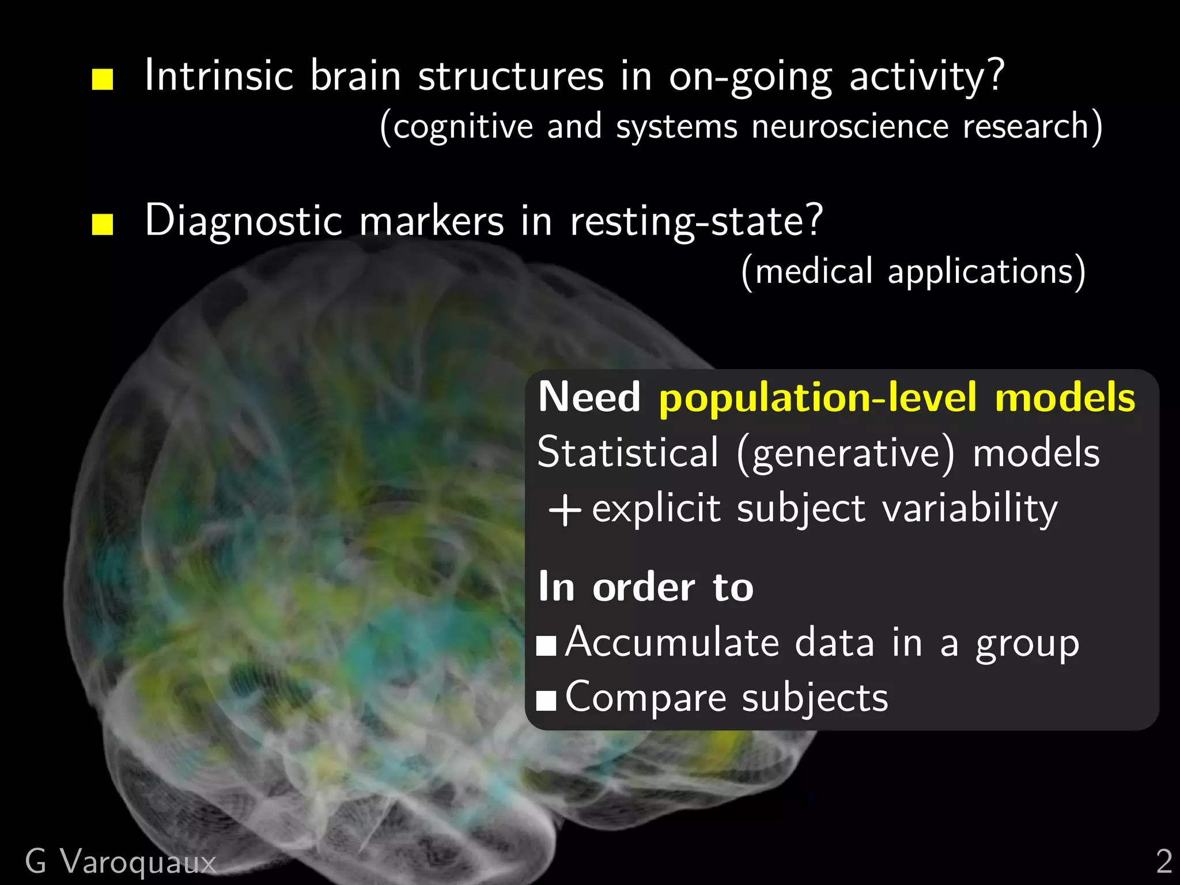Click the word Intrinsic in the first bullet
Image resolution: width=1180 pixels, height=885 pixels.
[x=219, y=76]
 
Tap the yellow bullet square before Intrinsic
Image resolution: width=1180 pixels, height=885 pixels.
[x=103, y=80]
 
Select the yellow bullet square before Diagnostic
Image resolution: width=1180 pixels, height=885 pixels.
[x=103, y=224]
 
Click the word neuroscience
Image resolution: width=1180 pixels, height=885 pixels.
[x=850, y=127]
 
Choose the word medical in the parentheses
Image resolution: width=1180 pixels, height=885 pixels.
[x=814, y=271]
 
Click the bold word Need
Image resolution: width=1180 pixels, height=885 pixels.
[x=589, y=398]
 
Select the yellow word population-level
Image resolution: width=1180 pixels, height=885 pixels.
[x=818, y=398]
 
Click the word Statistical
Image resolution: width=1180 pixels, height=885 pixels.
[x=628, y=453]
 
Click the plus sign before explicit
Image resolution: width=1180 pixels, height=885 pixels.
[x=565, y=510]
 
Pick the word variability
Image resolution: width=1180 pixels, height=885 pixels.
[x=970, y=509]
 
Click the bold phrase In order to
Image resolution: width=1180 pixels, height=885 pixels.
[x=645, y=588]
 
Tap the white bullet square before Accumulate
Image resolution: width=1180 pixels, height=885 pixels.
[x=546, y=646]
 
